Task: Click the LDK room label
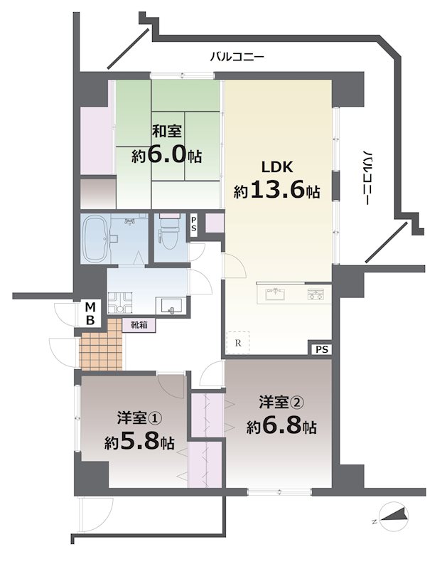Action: pyautogui.click(x=277, y=167)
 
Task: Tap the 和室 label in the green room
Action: pyautogui.click(x=166, y=131)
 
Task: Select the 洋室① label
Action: pyautogui.click(x=139, y=418)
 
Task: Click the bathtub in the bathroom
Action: pyautogui.click(x=95, y=238)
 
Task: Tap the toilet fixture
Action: pyautogui.click(x=170, y=233)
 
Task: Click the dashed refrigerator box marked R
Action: pyautogui.click(x=238, y=342)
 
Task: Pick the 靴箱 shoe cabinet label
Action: pyautogui.click(x=139, y=325)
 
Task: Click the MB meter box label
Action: pyautogui.click(x=90, y=314)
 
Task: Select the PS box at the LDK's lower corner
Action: pyautogui.click(x=321, y=349)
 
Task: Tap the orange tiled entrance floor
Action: pyautogui.click(x=101, y=344)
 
